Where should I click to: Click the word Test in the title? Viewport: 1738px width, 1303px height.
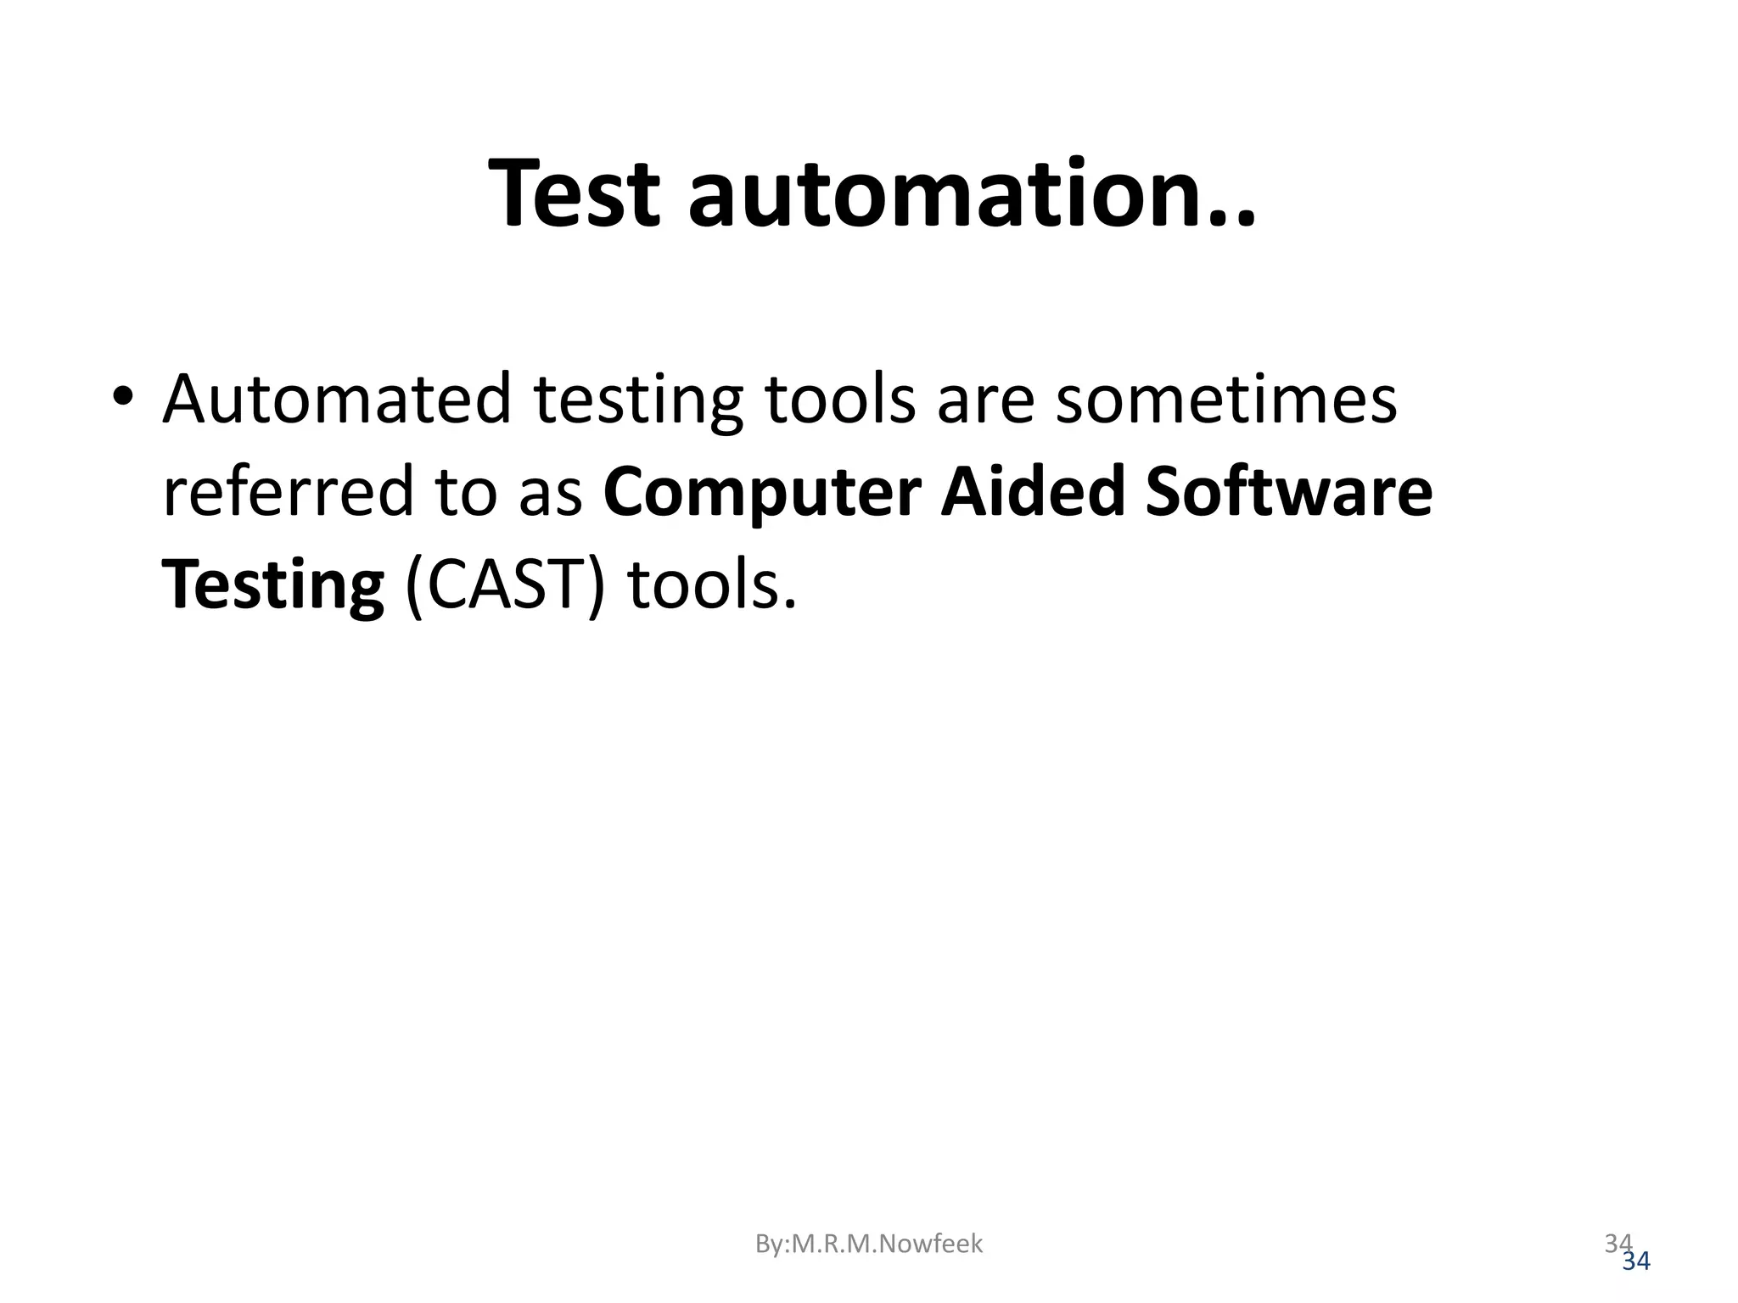[x=574, y=193]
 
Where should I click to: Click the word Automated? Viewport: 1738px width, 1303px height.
[x=337, y=399]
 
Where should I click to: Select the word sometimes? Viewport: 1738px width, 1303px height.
[x=1225, y=399]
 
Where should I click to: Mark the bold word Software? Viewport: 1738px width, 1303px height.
[x=1289, y=492]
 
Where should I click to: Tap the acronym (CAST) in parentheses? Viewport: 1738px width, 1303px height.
[x=506, y=585]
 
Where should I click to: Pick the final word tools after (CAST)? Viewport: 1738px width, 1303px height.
[x=712, y=585]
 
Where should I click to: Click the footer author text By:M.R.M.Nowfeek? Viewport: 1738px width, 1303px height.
[x=869, y=1244]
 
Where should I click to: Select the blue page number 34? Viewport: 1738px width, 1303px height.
[x=1636, y=1262]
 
